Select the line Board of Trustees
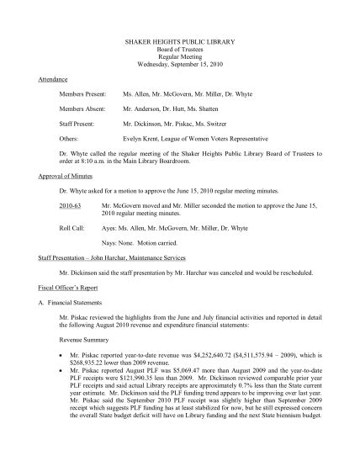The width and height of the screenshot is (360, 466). click(181, 50)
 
